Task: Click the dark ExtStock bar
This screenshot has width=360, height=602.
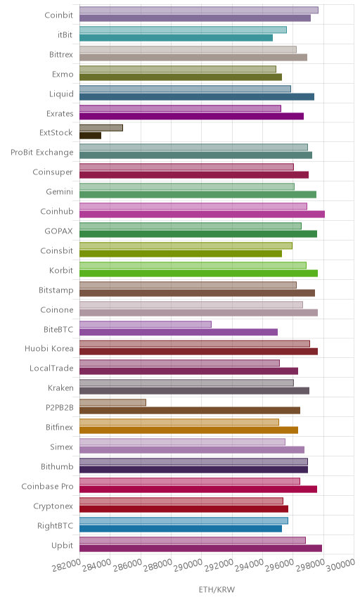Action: [90, 136]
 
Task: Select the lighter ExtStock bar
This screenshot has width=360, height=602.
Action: [101, 128]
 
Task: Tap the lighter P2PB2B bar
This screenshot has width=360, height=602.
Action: [112, 402]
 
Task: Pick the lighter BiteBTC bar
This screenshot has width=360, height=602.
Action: [146, 324]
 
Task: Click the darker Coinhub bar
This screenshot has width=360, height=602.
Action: [202, 214]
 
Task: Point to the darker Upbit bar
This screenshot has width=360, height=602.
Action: [200, 548]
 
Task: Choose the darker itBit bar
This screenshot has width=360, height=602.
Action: [176, 38]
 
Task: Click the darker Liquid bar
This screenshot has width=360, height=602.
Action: [197, 96]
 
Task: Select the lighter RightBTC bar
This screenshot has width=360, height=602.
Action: [184, 520]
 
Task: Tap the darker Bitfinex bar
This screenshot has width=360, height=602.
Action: [188, 430]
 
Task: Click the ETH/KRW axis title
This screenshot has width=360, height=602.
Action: [217, 589]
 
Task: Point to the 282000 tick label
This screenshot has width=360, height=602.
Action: [66, 565]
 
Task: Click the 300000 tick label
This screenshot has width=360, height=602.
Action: [341, 565]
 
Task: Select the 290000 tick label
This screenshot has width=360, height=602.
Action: [188, 565]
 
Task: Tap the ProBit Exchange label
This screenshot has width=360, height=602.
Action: [41, 152]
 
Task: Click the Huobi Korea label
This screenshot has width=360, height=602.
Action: [49, 348]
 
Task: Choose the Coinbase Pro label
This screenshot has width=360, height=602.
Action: [47, 486]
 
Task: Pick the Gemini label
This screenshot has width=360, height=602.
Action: [60, 191]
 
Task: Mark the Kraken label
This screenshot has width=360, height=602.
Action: [60, 388]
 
